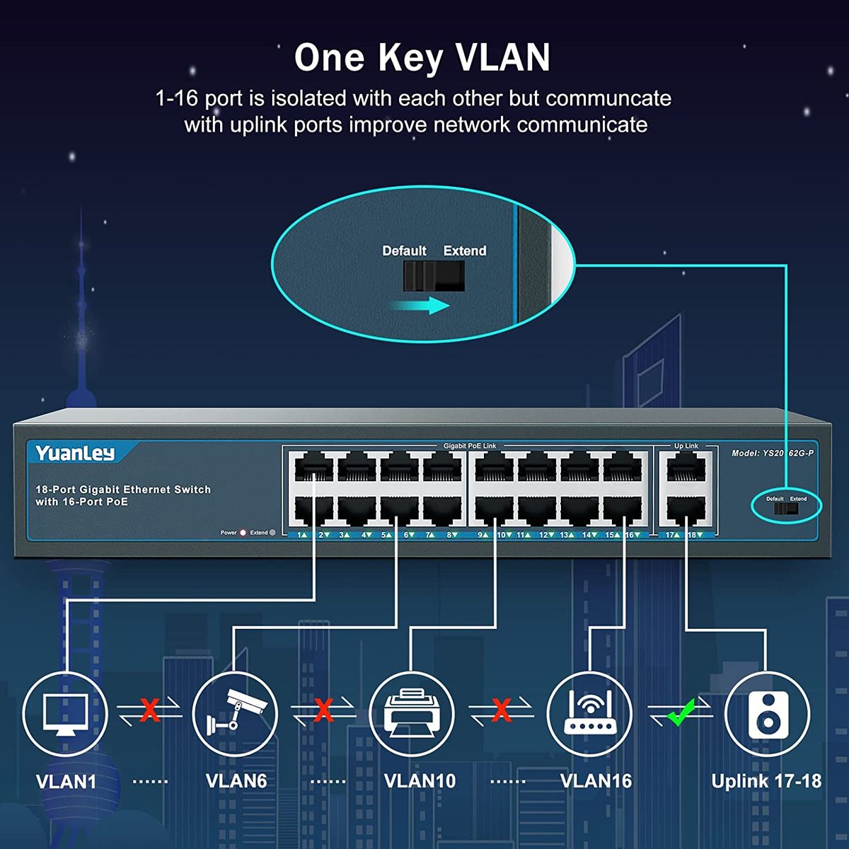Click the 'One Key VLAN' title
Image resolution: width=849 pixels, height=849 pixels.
pos(422,58)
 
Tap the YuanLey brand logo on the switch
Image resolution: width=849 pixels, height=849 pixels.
pos(75,454)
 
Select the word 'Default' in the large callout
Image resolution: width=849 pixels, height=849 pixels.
pos(404,250)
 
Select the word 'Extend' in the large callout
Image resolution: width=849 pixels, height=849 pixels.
pos(465,250)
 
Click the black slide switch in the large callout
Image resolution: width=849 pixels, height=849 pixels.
pos(434,276)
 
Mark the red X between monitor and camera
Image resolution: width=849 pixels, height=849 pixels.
pos(149,710)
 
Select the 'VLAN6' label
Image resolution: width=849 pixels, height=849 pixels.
pos(236,781)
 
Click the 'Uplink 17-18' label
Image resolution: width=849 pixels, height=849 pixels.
pos(766,781)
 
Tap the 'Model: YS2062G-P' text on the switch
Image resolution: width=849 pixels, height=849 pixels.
pos(773,454)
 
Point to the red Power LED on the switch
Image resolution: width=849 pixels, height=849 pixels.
pos(243,533)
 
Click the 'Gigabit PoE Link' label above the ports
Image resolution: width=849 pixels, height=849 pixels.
pos(470,446)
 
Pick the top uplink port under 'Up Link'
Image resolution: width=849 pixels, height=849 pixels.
pos(686,468)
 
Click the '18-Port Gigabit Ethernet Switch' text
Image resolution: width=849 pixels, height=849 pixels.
pos(123,490)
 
